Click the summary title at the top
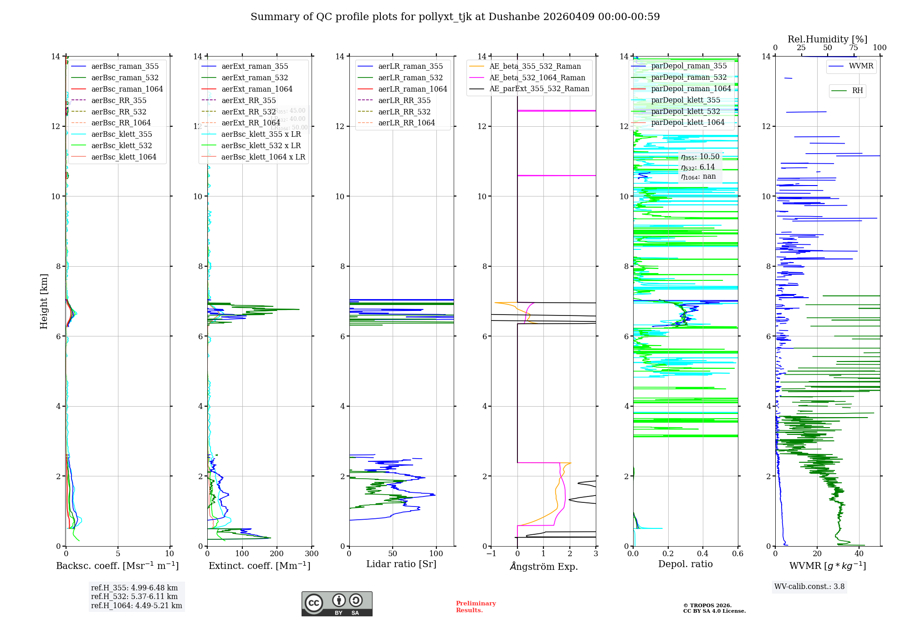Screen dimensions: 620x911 coord(455,17)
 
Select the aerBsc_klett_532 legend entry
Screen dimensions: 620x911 coord(121,145)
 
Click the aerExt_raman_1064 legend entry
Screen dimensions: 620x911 coord(256,89)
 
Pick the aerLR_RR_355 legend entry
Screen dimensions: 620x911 coord(404,100)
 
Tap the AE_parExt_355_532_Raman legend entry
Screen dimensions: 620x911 coord(539,88)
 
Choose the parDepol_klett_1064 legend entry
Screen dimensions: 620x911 coord(687,122)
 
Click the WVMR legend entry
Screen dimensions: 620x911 coord(860,66)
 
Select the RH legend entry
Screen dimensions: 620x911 coord(857,91)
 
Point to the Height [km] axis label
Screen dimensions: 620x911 coord(44,301)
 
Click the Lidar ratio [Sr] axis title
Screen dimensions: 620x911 coord(401,564)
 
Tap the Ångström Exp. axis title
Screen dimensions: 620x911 coord(543,566)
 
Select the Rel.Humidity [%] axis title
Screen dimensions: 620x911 coord(827,39)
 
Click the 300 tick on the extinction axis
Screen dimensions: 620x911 coord(312,553)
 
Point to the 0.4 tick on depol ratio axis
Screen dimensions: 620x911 coord(703,553)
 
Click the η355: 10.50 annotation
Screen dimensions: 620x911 coord(700,157)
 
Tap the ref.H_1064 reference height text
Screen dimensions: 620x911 coord(136,605)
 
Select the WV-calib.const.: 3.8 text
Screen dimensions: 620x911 coord(809,586)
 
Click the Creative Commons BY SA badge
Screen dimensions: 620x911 coord(337,604)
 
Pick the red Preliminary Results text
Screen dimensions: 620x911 coord(476,606)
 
